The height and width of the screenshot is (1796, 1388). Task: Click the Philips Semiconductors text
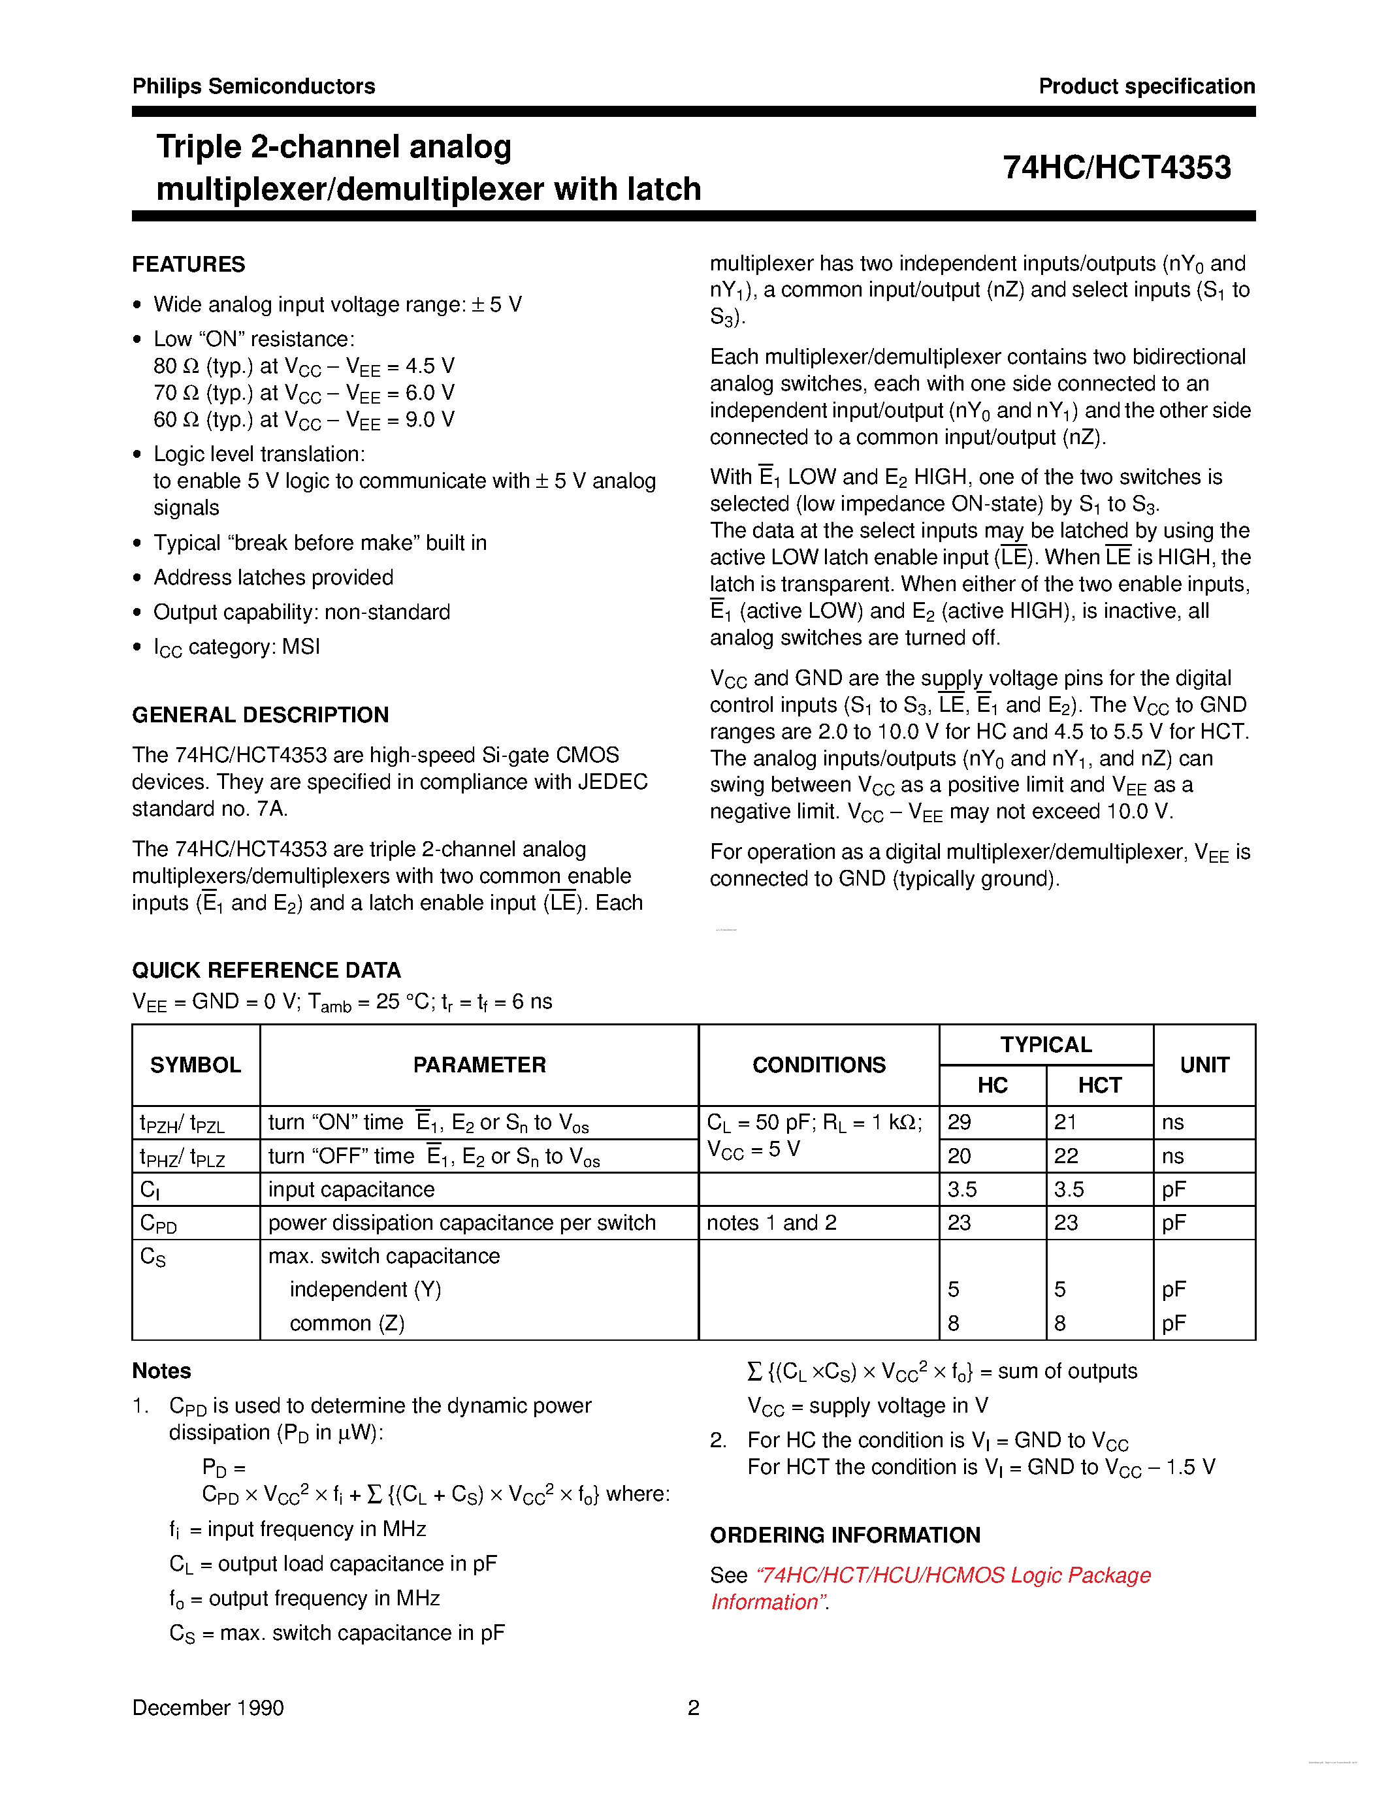point(253,86)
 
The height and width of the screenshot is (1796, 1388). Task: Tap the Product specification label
point(1146,86)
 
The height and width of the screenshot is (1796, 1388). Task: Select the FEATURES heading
point(188,265)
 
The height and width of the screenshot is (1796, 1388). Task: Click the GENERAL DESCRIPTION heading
point(260,714)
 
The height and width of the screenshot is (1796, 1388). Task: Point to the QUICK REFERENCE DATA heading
point(266,970)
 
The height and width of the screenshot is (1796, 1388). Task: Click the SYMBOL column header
point(195,1065)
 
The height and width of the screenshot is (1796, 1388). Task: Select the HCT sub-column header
point(1099,1085)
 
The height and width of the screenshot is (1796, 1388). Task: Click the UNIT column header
point(1204,1065)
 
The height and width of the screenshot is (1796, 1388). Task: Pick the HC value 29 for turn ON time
point(960,1123)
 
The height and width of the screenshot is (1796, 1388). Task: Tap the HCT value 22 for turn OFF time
point(1066,1156)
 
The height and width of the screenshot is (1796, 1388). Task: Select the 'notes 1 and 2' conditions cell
point(771,1223)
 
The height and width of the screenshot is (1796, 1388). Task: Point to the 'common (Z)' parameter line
point(346,1323)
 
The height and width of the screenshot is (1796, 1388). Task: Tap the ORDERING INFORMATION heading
point(845,1535)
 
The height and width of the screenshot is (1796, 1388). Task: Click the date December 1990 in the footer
point(208,1708)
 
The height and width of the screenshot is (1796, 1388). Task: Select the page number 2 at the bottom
point(693,1708)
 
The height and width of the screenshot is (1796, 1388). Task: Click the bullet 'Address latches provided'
point(273,577)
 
